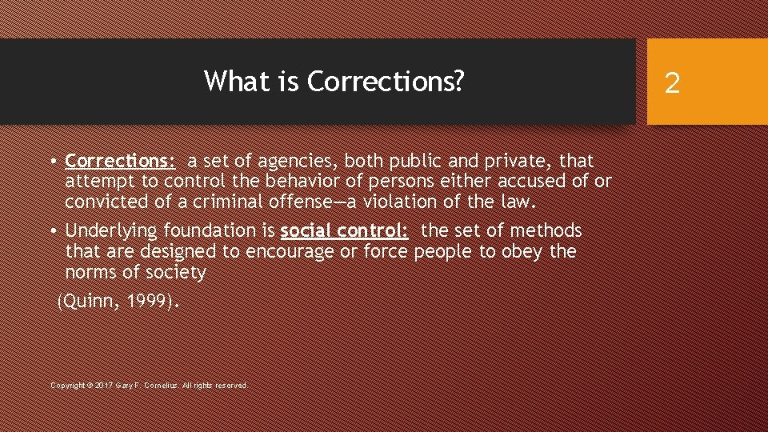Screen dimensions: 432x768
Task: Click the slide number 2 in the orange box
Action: pyautogui.click(x=672, y=82)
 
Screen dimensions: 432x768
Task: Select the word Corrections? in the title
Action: pyautogui.click(x=385, y=81)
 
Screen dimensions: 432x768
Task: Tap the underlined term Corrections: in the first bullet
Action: pyautogui.click(x=120, y=161)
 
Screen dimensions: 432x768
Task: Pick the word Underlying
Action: pyautogui.click(x=111, y=231)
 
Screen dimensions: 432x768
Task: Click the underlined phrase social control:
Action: pyautogui.click(x=345, y=231)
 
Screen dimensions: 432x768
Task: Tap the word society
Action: pyautogui.click(x=176, y=273)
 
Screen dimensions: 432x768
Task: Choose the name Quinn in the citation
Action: pyautogui.click(x=89, y=302)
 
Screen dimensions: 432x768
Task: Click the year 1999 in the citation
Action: pyautogui.click(x=150, y=302)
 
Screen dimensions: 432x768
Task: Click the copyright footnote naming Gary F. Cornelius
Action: pyautogui.click(x=149, y=386)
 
